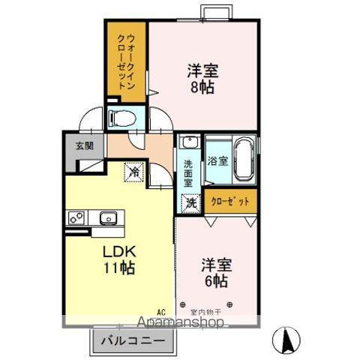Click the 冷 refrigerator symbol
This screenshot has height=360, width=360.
point(134,172)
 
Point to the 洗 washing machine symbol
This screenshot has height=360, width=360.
point(191,202)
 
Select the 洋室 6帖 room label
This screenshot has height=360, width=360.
point(215,273)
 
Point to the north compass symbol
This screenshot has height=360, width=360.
point(286,341)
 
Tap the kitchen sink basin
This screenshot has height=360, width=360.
point(107,218)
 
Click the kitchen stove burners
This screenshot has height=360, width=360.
point(77,218)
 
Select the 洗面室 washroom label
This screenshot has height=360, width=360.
point(188,170)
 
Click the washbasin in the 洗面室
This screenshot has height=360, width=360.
point(188,142)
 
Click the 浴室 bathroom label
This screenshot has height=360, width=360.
point(217,159)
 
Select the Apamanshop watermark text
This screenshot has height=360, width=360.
point(180,324)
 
